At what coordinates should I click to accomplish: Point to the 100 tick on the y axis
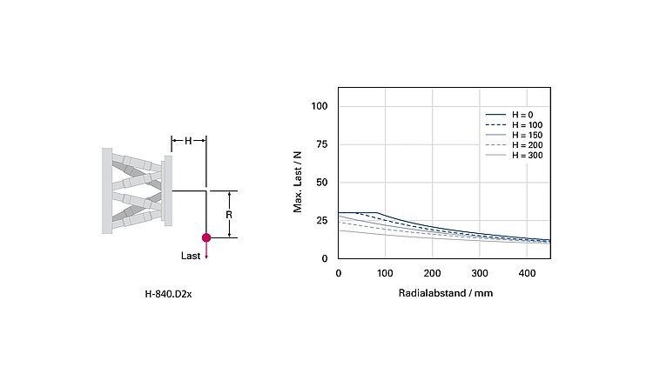[320, 106]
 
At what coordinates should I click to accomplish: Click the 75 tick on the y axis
[322, 144]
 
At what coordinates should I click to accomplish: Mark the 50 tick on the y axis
[322, 183]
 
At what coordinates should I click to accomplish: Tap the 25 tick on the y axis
[322, 221]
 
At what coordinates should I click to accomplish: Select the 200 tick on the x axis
[432, 273]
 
